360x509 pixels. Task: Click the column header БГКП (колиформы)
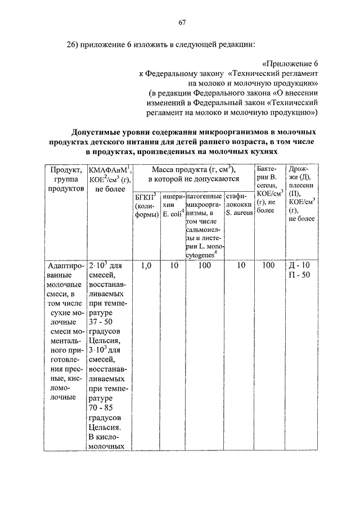point(146,209)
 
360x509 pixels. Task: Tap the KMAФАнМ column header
point(110,179)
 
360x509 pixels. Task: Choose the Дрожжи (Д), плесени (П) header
point(302,193)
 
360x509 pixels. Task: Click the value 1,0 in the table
point(146,265)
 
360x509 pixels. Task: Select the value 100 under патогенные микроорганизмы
point(204,265)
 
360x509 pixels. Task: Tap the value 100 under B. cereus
point(269,265)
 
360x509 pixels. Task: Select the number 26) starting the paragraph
point(74,44)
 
